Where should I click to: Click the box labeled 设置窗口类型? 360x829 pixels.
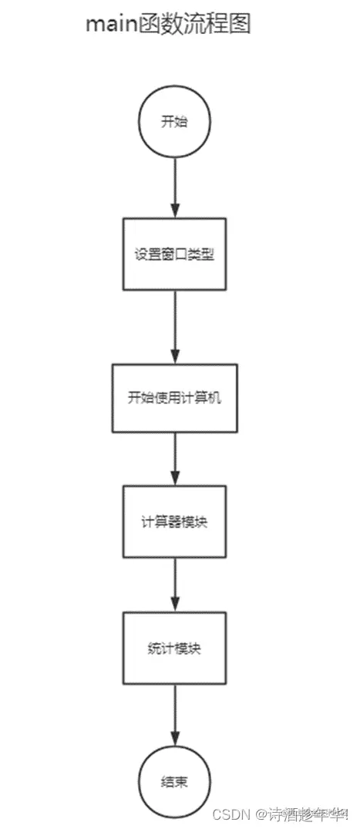(x=174, y=254)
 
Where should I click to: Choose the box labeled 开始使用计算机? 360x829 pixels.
(x=174, y=397)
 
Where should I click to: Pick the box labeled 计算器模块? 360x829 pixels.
(x=174, y=521)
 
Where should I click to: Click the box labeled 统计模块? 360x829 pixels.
(x=174, y=648)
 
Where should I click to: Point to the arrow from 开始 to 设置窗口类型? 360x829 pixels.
(x=174, y=185)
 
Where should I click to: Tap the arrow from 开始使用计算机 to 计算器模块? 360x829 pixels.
(x=174, y=458)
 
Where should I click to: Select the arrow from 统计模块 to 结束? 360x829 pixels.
(x=174, y=713)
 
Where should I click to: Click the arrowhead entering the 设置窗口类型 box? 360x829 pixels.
(x=174, y=211)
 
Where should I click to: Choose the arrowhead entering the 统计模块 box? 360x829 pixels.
(x=174, y=605)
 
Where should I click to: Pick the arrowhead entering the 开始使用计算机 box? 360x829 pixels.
(x=174, y=356)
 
